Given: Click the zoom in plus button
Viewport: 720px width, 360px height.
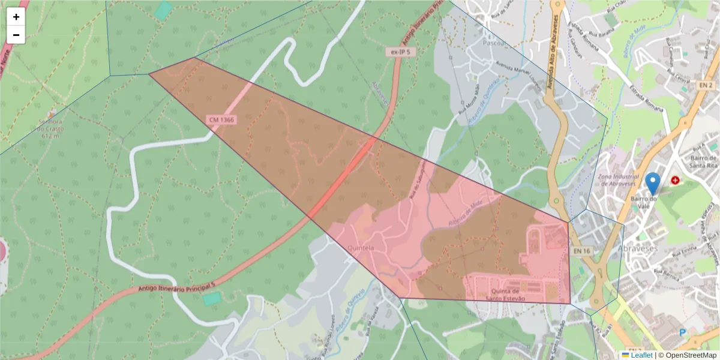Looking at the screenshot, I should (x=16, y=17).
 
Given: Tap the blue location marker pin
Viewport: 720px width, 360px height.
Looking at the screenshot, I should (x=652, y=182).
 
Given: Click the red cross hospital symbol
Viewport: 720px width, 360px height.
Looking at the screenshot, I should (x=676, y=180).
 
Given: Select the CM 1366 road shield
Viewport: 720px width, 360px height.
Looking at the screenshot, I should (x=222, y=120).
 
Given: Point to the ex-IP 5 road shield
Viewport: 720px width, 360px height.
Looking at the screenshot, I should (x=400, y=52).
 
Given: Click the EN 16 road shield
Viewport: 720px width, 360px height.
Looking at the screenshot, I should (x=579, y=250).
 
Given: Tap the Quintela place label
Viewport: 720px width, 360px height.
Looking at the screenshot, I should (x=361, y=247).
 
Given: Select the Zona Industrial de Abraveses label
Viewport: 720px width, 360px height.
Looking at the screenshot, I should (x=620, y=180).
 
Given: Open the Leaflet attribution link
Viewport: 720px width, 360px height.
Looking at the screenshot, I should (x=641, y=355).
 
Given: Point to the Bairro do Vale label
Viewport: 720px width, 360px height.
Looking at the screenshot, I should (x=644, y=203).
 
